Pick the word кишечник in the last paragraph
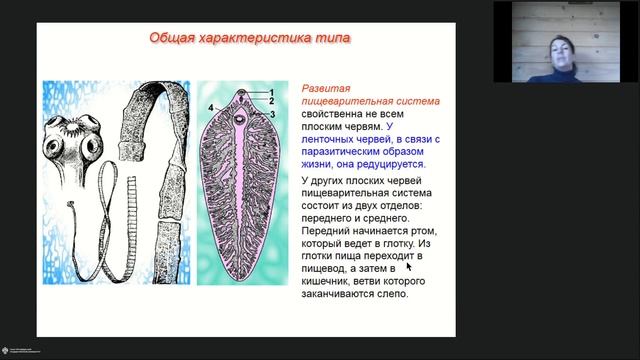[330, 284]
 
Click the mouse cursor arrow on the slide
[409, 268]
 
